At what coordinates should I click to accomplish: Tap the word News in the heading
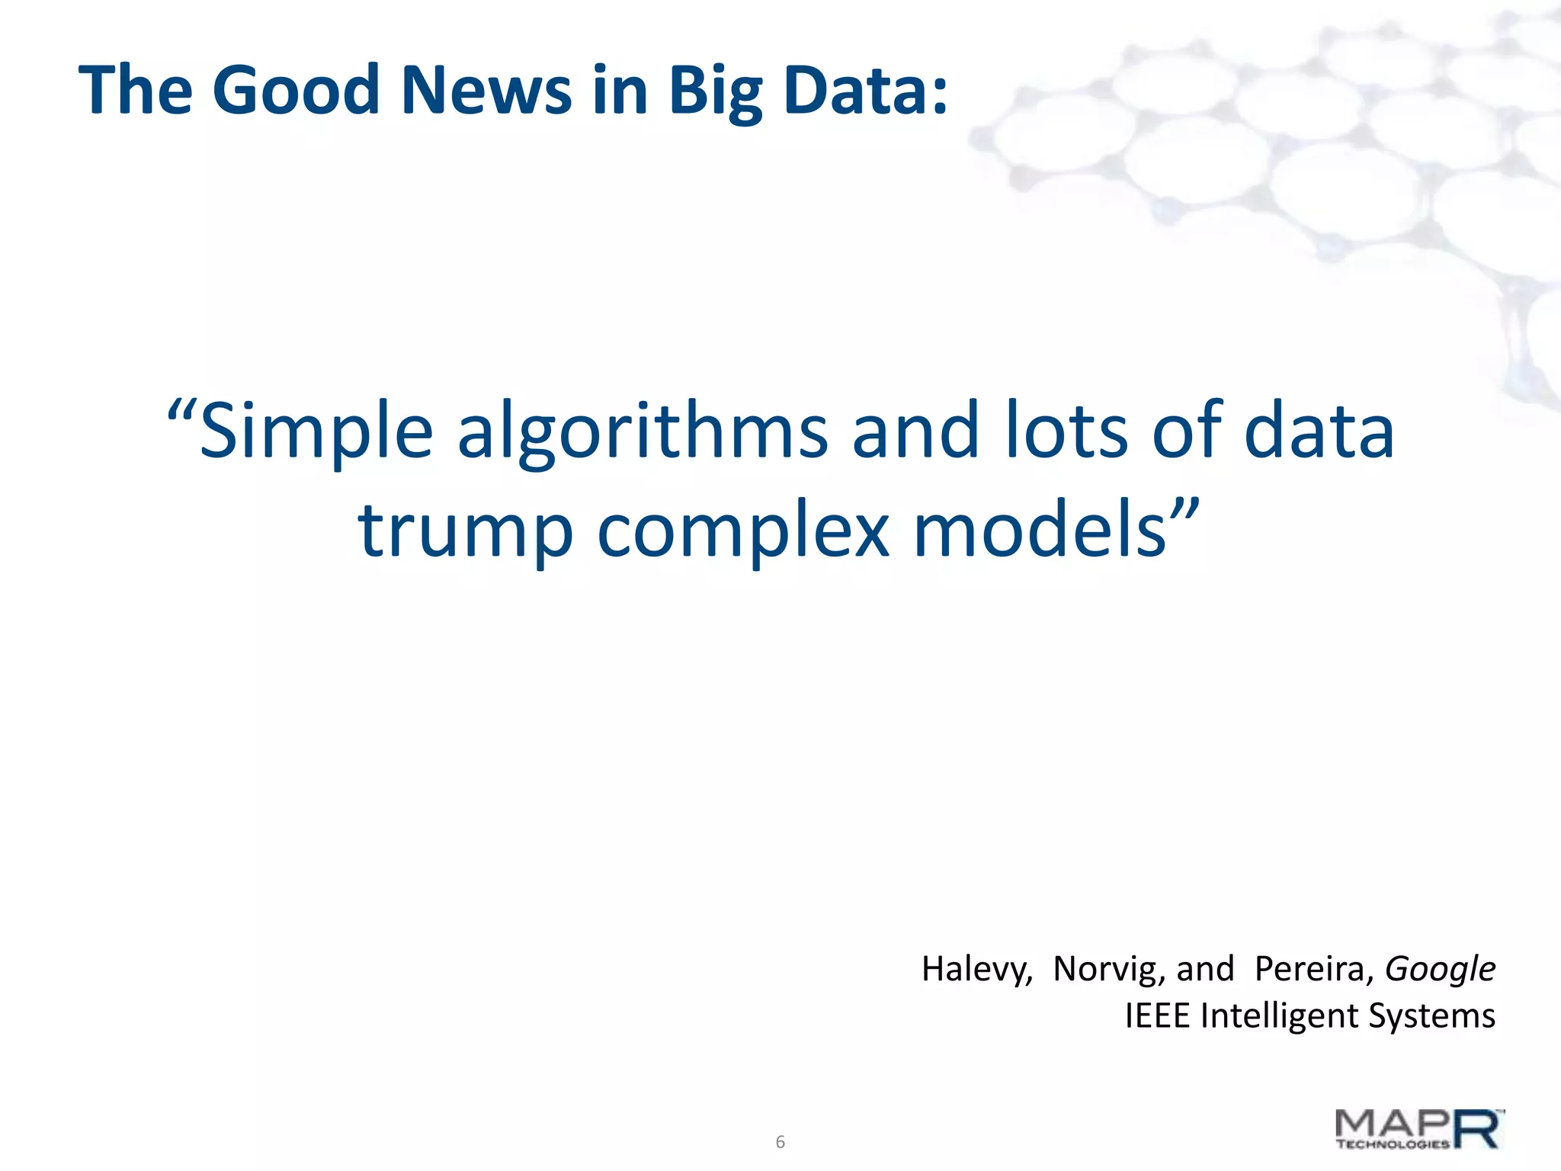point(486,90)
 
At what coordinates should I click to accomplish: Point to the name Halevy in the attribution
point(976,970)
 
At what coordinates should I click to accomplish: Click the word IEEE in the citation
point(1157,1016)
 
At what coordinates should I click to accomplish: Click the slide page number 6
point(780,1142)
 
